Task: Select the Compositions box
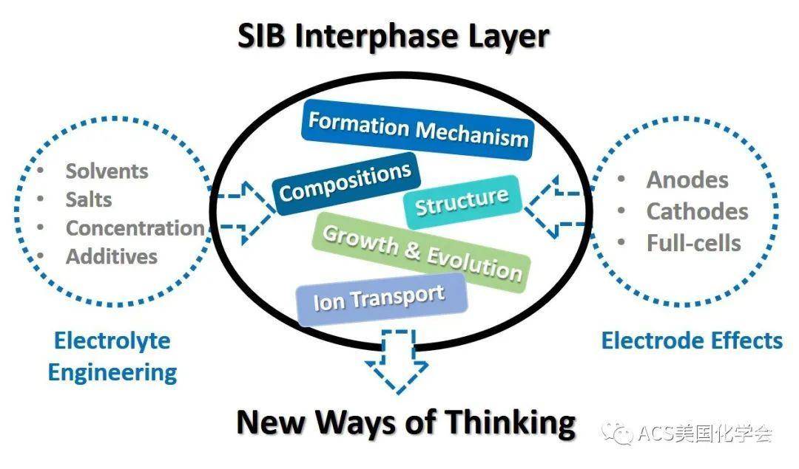pos(345,182)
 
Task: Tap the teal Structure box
pos(462,201)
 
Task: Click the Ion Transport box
pos(380,301)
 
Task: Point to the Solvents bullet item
pos(107,171)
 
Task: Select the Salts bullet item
pos(89,199)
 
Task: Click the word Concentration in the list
pos(135,228)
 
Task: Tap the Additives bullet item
pos(112,256)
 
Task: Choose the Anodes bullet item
pos(687,179)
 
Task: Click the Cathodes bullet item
pos(697,211)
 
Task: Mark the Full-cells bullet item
pos(693,243)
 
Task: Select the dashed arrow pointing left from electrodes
pos(551,208)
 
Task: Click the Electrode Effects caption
pos(692,340)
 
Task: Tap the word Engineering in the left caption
pos(112,372)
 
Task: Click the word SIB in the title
pos(263,35)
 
